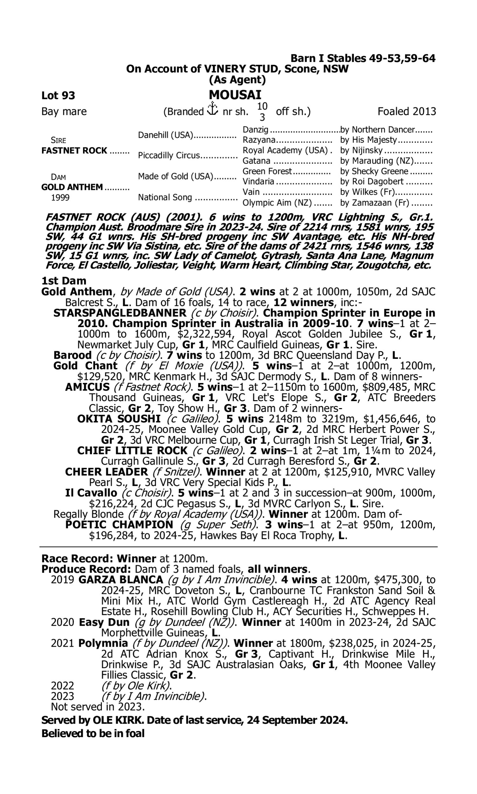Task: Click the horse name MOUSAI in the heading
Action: pyautogui.click(x=235, y=95)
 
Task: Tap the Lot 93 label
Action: pyautogui.click(x=58, y=96)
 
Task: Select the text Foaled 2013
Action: pyautogui.click(x=407, y=112)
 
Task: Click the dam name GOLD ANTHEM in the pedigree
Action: pyautogui.click(x=72, y=187)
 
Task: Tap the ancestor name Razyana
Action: pyautogui.click(x=259, y=140)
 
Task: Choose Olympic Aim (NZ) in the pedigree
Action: pyautogui.click(x=277, y=203)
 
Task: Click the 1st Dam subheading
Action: pyautogui.click(x=64, y=281)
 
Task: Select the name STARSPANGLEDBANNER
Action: pyautogui.click(x=120, y=313)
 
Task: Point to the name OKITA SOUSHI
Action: pyautogui.click(x=119, y=419)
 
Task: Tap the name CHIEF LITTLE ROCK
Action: pyautogui.click(x=132, y=451)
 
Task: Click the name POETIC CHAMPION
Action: pyautogui.click(x=119, y=525)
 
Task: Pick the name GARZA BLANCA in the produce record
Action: pyautogui.click(x=121, y=580)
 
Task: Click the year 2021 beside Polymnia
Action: pyautogui.click(x=62, y=643)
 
